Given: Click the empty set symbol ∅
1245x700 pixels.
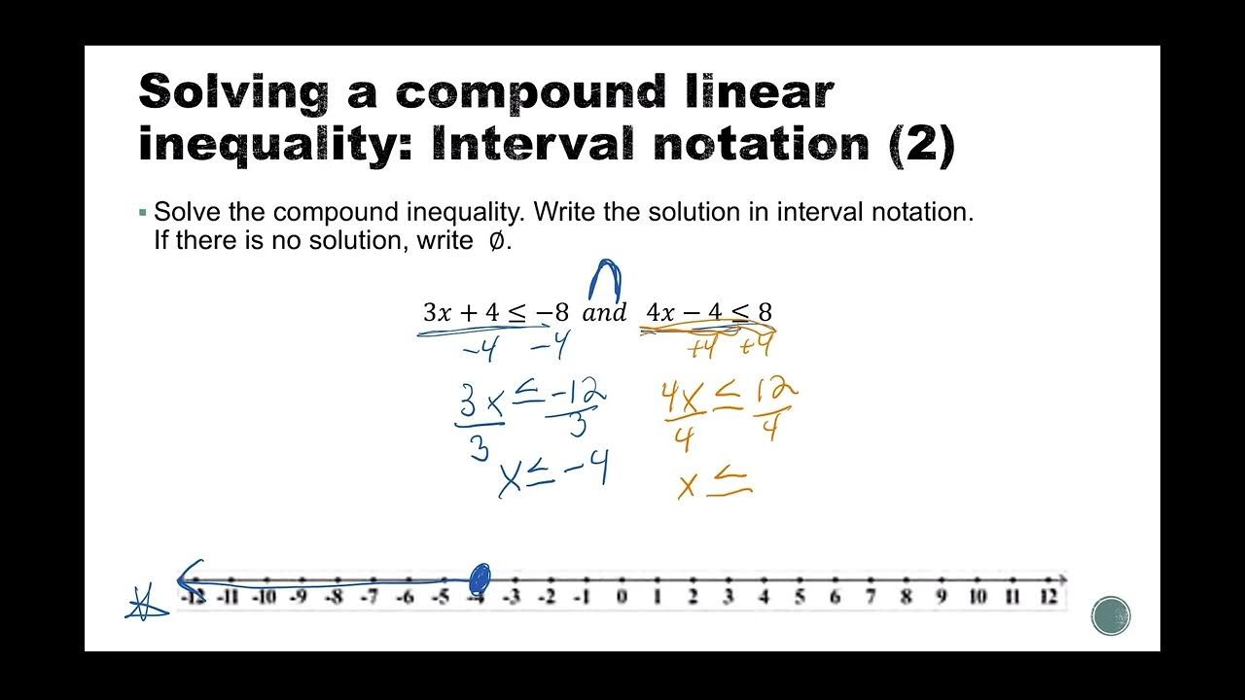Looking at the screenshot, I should (x=495, y=241).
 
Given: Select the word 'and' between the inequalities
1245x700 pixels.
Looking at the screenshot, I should (x=604, y=313).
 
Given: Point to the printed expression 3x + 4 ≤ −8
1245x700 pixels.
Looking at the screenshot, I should (x=495, y=313).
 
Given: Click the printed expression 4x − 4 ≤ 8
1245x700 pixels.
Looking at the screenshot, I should (x=709, y=313).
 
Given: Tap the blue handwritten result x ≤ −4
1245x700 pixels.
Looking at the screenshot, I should (x=553, y=475).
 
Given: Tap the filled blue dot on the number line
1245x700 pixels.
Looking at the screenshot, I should (x=479, y=579).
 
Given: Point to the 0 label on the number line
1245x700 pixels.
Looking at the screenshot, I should (x=622, y=597).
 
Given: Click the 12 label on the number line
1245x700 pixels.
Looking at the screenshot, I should (x=1048, y=597).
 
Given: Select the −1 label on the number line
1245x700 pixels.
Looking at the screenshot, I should (x=582, y=597).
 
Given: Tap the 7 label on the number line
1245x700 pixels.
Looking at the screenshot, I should (x=871, y=597).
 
